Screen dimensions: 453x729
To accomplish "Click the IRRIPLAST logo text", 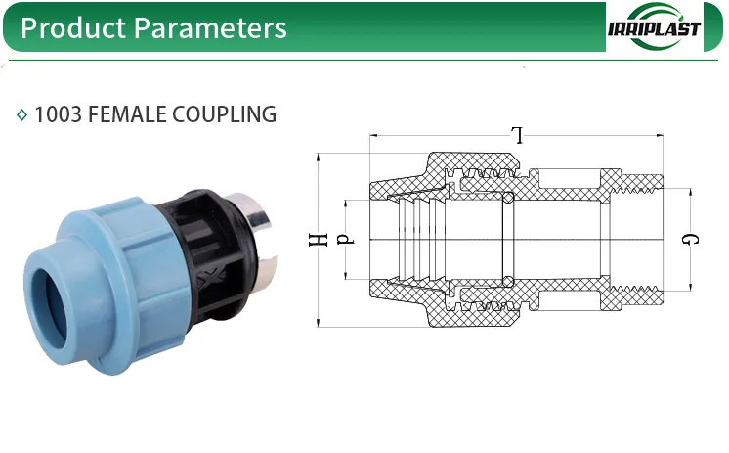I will pyautogui.click(x=654, y=27).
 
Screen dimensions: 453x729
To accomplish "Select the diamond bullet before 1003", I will pyautogui.click(x=22, y=115).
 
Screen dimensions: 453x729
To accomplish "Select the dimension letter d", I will pyautogui.click(x=344, y=239).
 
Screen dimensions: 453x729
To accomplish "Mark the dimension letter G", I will pyautogui.click(x=690, y=239).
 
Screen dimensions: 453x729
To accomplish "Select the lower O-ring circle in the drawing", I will pyautogui.click(x=508, y=281).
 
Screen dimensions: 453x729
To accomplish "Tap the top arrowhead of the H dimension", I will pyautogui.click(x=320, y=156).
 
